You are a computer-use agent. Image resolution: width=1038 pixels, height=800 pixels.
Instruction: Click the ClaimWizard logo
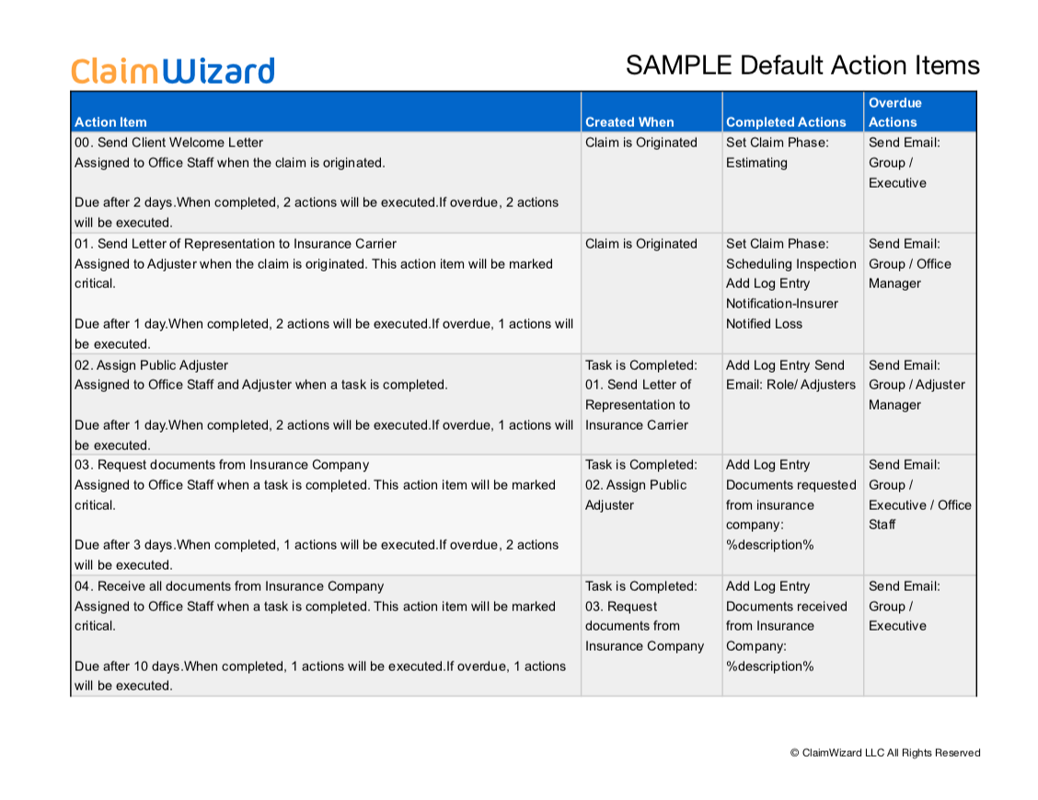tap(172, 71)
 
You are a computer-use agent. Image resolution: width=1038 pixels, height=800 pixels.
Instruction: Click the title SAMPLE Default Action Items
tap(802, 65)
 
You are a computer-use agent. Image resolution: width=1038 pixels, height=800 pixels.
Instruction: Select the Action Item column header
tap(110, 122)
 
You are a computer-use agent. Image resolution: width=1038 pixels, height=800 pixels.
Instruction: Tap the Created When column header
tap(629, 122)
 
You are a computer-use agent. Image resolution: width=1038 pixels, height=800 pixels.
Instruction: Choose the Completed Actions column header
tap(786, 122)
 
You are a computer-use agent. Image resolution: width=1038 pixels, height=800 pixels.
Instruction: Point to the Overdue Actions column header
tap(894, 112)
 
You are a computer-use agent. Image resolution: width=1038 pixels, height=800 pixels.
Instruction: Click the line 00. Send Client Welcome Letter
tap(168, 143)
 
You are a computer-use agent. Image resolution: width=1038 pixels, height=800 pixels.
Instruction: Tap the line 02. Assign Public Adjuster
tap(151, 365)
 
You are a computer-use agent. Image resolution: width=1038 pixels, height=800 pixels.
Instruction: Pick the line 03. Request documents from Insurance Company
tap(222, 465)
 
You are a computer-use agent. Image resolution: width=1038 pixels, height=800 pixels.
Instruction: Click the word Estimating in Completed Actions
tap(756, 163)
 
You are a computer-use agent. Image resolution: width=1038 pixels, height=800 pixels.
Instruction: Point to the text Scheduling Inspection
tap(791, 264)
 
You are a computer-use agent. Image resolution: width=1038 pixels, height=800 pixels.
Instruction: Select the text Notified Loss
tap(764, 324)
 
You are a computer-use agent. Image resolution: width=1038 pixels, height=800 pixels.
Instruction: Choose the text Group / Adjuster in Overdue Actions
tap(917, 385)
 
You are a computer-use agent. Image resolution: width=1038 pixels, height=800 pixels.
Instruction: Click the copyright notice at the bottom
tap(884, 753)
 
